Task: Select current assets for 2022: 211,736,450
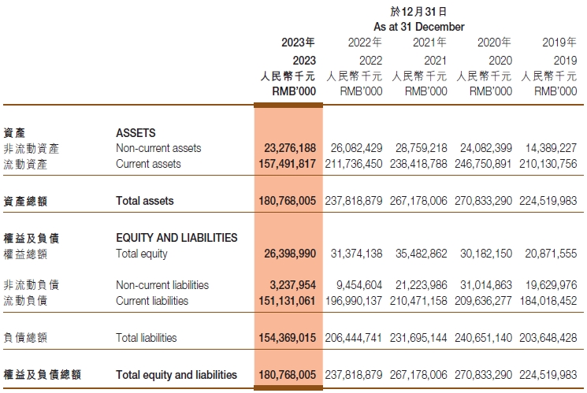click(x=354, y=164)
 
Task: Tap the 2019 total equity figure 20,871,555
click(x=549, y=254)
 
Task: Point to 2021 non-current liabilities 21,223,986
click(x=418, y=285)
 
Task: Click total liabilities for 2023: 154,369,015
click(x=287, y=338)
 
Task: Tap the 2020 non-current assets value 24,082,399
click(x=483, y=148)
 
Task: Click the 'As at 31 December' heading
click(x=418, y=27)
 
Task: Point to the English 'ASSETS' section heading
click(x=136, y=133)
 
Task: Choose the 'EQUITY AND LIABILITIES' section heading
click(x=176, y=237)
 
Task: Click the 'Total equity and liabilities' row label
click(x=176, y=375)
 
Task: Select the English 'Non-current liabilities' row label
click(x=162, y=285)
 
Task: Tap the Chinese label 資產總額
click(x=25, y=201)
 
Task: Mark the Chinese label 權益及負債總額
click(x=42, y=375)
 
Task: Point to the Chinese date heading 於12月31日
click(x=418, y=12)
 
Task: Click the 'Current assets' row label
click(x=148, y=164)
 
